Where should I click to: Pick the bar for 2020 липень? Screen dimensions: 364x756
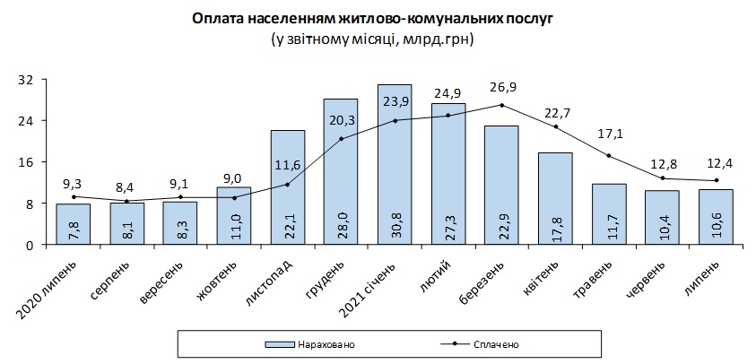pyautogui.click(x=73, y=224)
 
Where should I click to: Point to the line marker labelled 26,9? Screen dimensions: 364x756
pyautogui.click(x=501, y=105)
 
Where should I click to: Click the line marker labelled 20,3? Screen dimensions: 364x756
pyautogui.click(x=341, y=139)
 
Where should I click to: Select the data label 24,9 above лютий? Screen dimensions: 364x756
pyautogui.click(x=448, y=92)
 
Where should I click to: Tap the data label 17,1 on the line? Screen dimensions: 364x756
pyautogui.click(x=610, y=134)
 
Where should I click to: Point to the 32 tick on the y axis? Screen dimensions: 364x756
pyautogui.click(x=27, y=79)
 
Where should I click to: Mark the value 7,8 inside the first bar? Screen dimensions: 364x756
pyautogui.click(x=73, y=227)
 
